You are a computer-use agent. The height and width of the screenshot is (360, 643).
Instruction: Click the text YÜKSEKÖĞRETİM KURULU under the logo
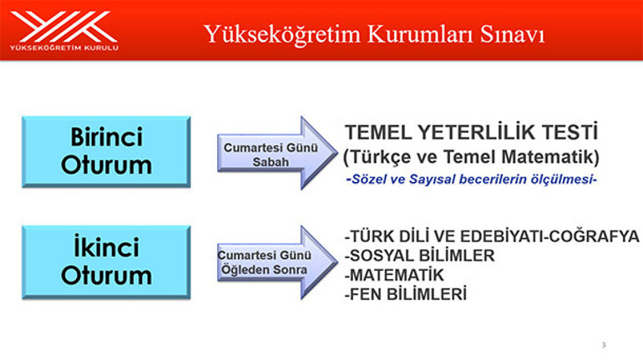[63, 48]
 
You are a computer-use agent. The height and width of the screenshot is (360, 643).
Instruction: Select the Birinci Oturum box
[106, 151]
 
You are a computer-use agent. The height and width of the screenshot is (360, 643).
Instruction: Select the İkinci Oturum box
[106, 261]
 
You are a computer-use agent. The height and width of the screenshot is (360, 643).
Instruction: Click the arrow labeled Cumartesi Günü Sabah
[271, 153]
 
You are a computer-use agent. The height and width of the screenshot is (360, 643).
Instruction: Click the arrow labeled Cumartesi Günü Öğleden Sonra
[271, 261]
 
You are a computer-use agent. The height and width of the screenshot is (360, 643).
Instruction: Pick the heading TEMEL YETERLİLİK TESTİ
[472, 132]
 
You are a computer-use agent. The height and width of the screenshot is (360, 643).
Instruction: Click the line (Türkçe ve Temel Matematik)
[472, 156]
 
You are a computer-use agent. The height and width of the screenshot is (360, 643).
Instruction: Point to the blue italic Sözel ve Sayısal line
[472, 179]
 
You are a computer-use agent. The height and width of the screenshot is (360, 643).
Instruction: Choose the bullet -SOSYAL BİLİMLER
[419, 256]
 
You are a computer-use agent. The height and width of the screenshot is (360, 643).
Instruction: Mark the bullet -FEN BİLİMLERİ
[405, 294]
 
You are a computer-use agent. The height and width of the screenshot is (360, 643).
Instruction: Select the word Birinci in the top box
[106, 137]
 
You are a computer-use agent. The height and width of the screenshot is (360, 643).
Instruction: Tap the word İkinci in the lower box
[106, 248]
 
